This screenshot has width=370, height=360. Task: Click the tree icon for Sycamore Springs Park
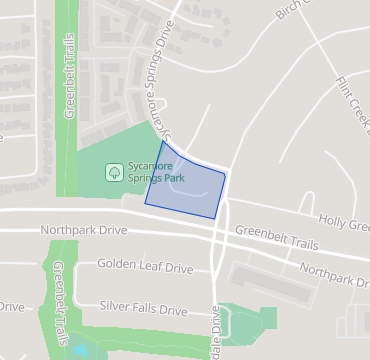point(115,172)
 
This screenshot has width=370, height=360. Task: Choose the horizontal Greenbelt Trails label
point(277,236)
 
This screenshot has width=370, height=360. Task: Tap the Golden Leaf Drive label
point(145,268)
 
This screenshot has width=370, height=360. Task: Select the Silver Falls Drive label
point(144,308)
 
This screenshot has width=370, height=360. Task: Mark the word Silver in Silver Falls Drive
point(117,308)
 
